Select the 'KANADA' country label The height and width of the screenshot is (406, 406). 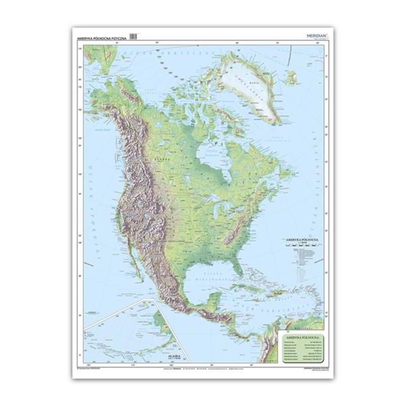click(x=164, y=159)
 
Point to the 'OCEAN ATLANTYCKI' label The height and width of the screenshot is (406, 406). click(x=315, y=167)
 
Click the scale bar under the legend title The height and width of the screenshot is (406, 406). click(x=300, y=245)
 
